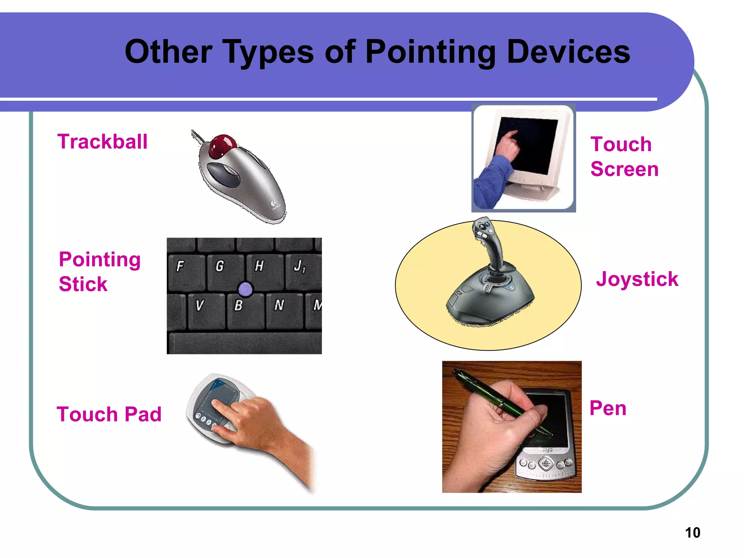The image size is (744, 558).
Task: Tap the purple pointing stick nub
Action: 245,289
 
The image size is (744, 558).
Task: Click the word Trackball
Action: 102,142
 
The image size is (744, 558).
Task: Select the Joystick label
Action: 637,279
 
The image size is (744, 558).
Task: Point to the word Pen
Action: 608,408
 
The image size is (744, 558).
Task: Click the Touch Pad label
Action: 109,414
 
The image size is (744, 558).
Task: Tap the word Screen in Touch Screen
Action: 624,169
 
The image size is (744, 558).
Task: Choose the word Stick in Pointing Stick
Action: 83,284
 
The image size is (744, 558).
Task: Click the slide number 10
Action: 692,533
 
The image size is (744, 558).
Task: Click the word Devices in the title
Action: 568,52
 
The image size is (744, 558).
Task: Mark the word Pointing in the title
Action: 430,52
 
